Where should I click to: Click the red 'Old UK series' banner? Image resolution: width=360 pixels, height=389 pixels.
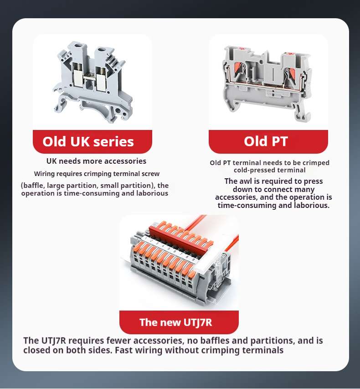point(92,141)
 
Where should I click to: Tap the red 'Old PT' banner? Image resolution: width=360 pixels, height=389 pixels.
point(268,141)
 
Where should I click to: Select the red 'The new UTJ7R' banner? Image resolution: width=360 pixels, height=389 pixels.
point(179,322)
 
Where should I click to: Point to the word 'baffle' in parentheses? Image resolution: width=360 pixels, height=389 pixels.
point(33,185)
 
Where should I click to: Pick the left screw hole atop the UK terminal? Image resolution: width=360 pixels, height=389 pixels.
point(80,46)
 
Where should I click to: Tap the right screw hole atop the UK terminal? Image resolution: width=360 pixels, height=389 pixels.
point(102,50)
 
